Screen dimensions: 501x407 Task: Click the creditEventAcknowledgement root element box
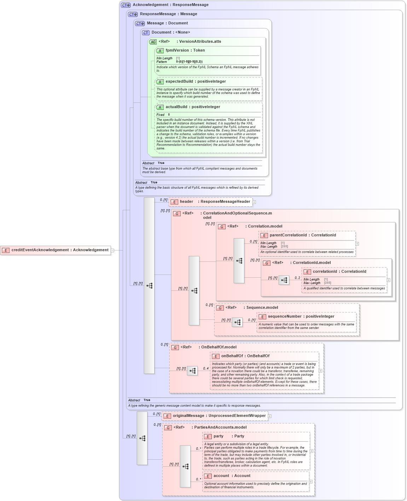click(x=56, y=250)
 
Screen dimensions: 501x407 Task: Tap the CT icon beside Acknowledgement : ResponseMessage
click(x=126, y=5)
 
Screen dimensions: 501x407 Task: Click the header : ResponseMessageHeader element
click(x=211, y=202)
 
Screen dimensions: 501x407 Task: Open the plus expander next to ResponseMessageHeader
click(x=254, y=202)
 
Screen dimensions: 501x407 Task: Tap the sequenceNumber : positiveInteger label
click(x=301, y=317)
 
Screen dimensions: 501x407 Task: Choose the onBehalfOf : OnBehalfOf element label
click(x=245, y=356)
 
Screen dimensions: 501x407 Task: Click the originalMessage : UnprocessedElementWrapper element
click(x=215, y=416)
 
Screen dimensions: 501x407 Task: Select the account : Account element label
click(x=232, y=476)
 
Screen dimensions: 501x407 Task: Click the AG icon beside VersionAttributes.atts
click(x=153, y=42)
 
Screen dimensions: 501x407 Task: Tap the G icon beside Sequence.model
click(x=220, y=308)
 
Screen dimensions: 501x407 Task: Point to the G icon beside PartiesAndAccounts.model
click(x=168, y=428)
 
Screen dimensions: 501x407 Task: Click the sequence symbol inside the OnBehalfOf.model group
click(x=192, y=371)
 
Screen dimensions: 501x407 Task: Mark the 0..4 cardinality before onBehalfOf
click(x=205, y=369)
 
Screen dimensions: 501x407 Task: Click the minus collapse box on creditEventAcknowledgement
click(x=112, y=250)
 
